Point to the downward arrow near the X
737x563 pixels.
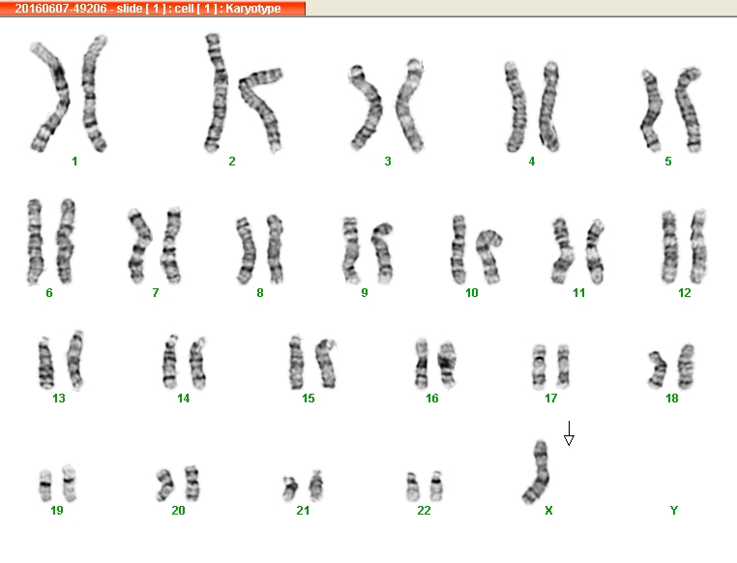569,433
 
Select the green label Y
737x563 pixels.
673,511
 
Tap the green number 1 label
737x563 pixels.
74,162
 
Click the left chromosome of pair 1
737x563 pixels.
50,97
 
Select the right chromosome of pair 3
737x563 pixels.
409,105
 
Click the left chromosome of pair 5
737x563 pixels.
651,109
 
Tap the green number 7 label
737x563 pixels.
155,293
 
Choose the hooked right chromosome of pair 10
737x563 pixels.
487,256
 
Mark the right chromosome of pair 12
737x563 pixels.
699,247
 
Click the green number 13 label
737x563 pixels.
59,399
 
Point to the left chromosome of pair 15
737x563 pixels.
296,363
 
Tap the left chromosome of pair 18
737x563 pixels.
658,370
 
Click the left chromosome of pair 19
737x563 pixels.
45,485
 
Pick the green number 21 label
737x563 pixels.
303,511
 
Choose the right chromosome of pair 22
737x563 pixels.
436,486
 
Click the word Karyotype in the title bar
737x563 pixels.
252,9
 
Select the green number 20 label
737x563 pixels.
178,511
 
